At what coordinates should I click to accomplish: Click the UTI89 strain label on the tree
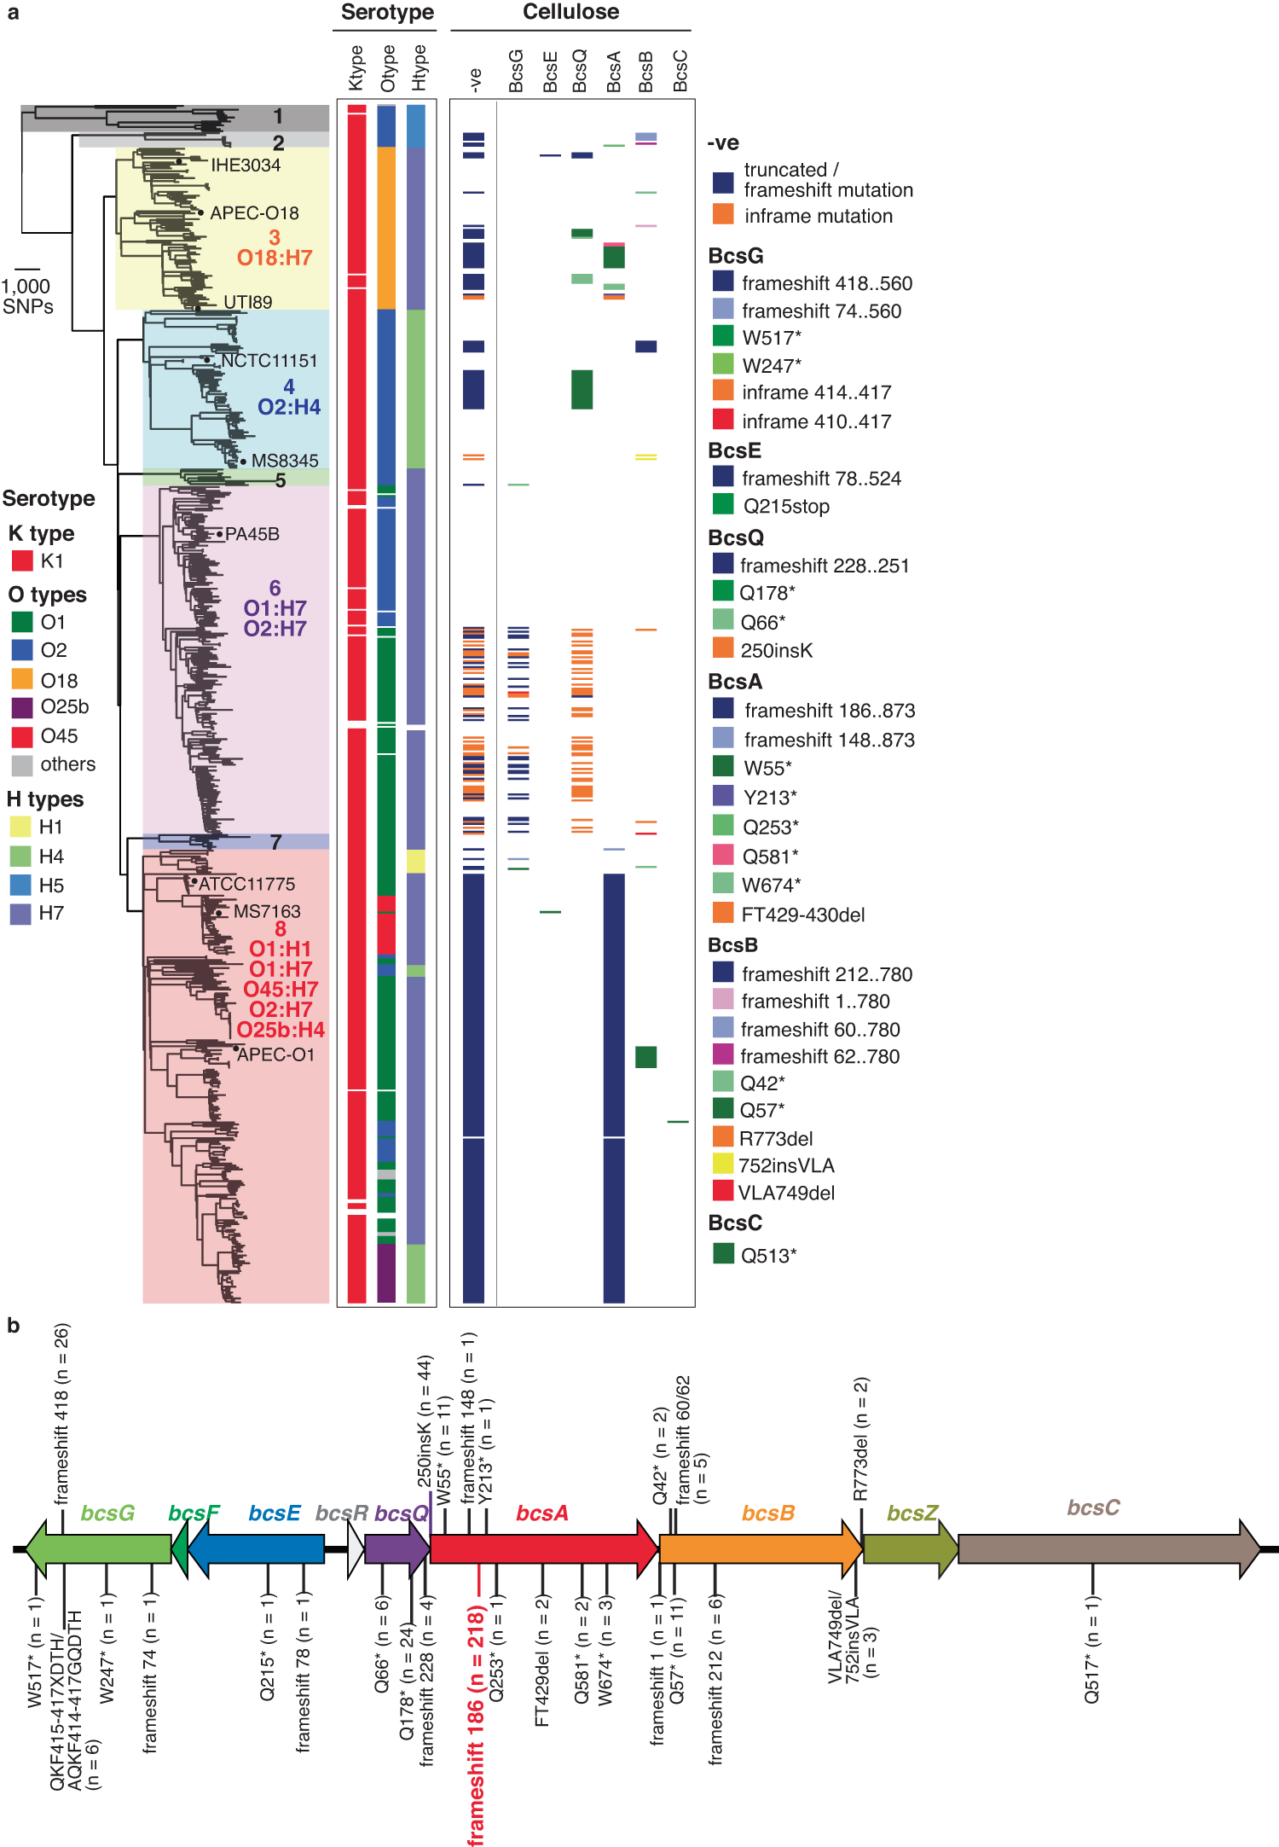pyautogui.click(x=247, y=302)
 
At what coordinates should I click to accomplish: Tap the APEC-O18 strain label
pyautogui.click(x=254, y=213)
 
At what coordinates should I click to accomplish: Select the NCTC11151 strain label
pyautogui.click(x=269, y=361)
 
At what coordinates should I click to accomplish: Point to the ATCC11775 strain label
pyautogui.click(x=246, y=884)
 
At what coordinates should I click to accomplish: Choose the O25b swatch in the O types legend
pyautogui.click(x=22, y=707)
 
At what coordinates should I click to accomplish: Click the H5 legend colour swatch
pyautogui.click(x=20, y=885)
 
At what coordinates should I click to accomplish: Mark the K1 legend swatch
pyautogui.click(x=22, y=560)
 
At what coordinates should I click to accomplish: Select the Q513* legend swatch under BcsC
pyautogui.click(x=723, y=1253)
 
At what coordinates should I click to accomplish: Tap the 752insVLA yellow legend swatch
pyautogui.click(x=723, y=1164)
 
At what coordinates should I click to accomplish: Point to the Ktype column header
pyautogui.click(x=356, y=68)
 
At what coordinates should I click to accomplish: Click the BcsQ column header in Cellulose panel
pyautogui.click(x=581, y=71)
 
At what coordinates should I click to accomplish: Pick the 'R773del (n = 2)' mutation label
pyautogui.click(x=861, y=1438)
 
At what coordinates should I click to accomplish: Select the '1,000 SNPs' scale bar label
pyautogui.click(x=26, y=296)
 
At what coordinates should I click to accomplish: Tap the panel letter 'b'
pyautogui.click(x=13, y=1325)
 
